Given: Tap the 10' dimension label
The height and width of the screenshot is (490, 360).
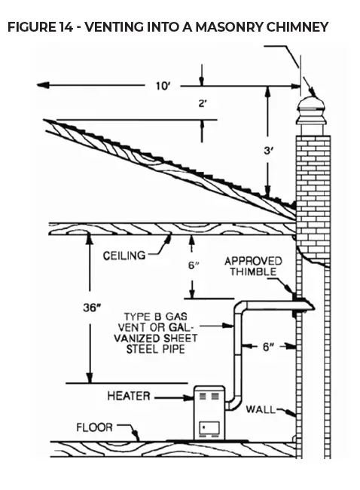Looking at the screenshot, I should tap(163, 85).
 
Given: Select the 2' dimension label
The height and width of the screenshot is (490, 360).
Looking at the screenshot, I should tap(203, 103).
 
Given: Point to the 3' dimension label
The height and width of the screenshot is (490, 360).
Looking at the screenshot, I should tap(267, 151).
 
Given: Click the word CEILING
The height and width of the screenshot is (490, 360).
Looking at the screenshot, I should tap(124, 256).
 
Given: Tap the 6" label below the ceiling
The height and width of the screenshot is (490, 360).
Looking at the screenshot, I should tap(194, 265).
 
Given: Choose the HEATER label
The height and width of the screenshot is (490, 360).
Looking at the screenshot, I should tap(129, 395).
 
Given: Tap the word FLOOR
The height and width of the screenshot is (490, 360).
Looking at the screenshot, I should tap(94, 427).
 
